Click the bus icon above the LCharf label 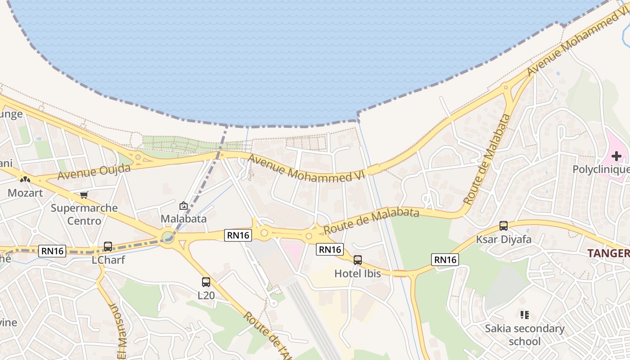coord(108,247)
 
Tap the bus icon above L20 coord(206,282)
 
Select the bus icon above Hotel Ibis coord(358,260)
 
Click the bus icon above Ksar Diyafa coord(504,226)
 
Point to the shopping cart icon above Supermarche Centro coord(84,195)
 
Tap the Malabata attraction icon coord(184,206)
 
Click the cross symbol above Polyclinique coord(616,156)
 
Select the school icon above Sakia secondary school coord(524,315)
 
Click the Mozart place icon coord(25,179)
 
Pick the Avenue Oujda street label coord(94,171)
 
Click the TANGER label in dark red coord(608,253)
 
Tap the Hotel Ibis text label coord(357,274)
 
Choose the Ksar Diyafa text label coord(504,239)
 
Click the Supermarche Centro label coord(84,214)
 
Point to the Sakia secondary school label coord(524,335)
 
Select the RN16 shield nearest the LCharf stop coord(53,251)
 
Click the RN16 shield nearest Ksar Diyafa coord(445,259)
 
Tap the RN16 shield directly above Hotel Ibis coord(330,249)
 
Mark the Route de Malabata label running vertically coord(487,159)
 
